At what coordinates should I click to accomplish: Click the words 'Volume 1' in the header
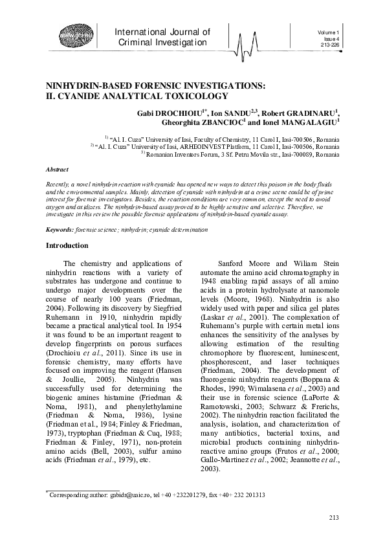[329, 32]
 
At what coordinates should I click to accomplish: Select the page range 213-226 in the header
[330, 46]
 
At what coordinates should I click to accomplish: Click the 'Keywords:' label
[60, 230]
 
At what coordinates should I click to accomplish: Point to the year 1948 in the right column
[210, 282]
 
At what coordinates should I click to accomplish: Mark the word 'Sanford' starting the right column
[233, 264]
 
